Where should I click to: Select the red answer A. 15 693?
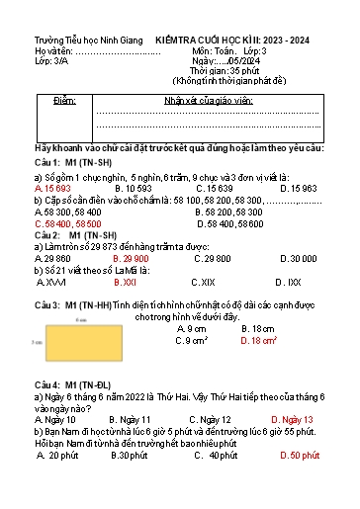(x=52, y=187)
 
